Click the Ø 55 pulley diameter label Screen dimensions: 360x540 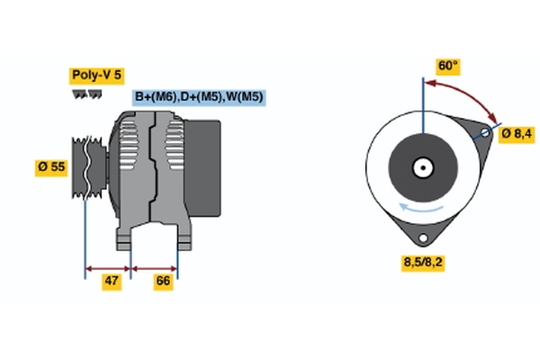click(x=51, y=166)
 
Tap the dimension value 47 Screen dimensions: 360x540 click(x=111, y=281)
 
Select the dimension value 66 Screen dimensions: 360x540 click(x=163, y=281)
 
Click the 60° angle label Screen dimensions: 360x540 click(x=447, y=66)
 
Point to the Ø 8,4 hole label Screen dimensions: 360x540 click(x=516, y=134)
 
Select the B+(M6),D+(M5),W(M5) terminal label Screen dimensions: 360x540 click(x=198, y=96)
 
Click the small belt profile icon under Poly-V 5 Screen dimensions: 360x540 click(x=86, y=94)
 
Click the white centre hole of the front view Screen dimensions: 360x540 click(x=421, y=167)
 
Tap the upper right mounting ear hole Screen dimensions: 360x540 click(x=485, y=134)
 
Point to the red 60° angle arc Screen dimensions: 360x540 click(x=468, y=93)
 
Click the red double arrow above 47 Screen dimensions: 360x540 click(x=108, y=267)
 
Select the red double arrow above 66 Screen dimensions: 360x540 click(x=154, y=267)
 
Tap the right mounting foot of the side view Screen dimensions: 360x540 click(x=184, y=238)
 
